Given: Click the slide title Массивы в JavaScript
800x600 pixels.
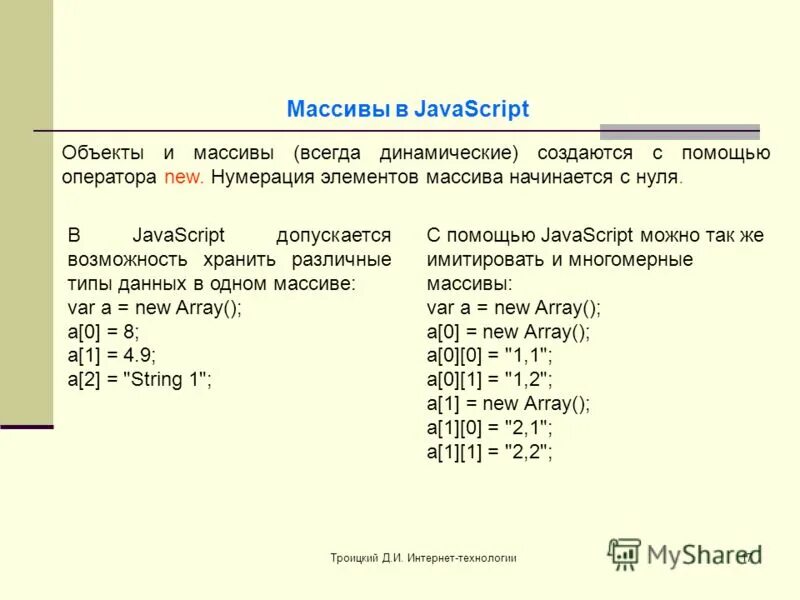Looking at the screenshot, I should click(407, 109).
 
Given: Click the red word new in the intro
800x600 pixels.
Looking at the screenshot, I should click(184, 178).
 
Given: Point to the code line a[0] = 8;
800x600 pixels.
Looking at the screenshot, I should click(104, 331).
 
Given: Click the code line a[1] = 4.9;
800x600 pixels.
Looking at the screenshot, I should click(112, 355).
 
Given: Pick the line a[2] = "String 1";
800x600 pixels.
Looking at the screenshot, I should click(140, 379).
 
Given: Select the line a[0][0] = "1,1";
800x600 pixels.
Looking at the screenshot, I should click(490, 355).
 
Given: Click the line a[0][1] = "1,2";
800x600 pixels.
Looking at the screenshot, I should click(490, 379).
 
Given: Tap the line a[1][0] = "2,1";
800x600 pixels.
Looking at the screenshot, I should click(490, 427).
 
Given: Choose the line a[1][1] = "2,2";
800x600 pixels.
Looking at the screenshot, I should click(490, 451).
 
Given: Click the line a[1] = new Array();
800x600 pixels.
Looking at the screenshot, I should click(508, 403).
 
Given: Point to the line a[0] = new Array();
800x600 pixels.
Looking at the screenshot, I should click(508, 331).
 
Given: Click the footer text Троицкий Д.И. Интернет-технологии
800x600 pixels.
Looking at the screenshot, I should click(424, 557).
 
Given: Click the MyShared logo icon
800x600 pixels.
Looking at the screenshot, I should click(625, 553).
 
